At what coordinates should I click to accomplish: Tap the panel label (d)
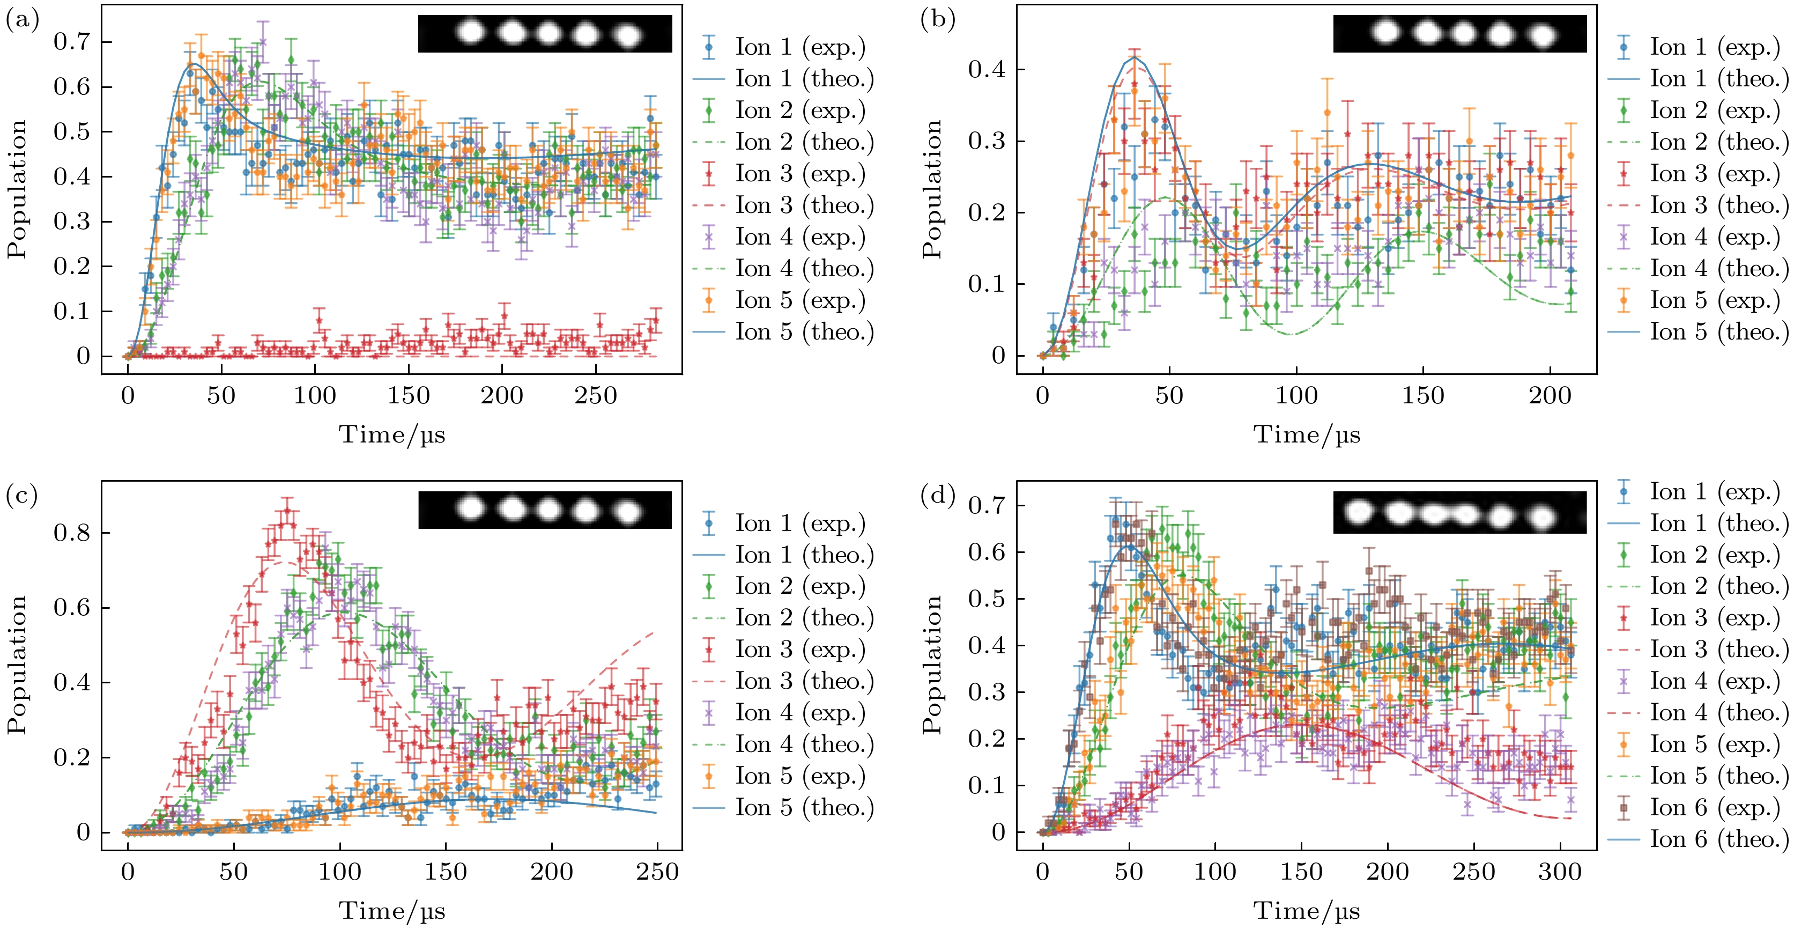pos(937,496)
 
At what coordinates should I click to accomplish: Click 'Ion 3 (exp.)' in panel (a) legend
pos(799,174)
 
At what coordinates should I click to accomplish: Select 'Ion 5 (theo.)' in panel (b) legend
pos(1718,331)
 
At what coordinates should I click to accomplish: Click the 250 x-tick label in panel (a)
pos(596,396)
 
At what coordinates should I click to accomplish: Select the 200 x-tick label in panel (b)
pos(1550,396)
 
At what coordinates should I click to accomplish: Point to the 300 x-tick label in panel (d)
pos(1560,871)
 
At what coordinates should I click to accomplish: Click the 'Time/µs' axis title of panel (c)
pos(391,910)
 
